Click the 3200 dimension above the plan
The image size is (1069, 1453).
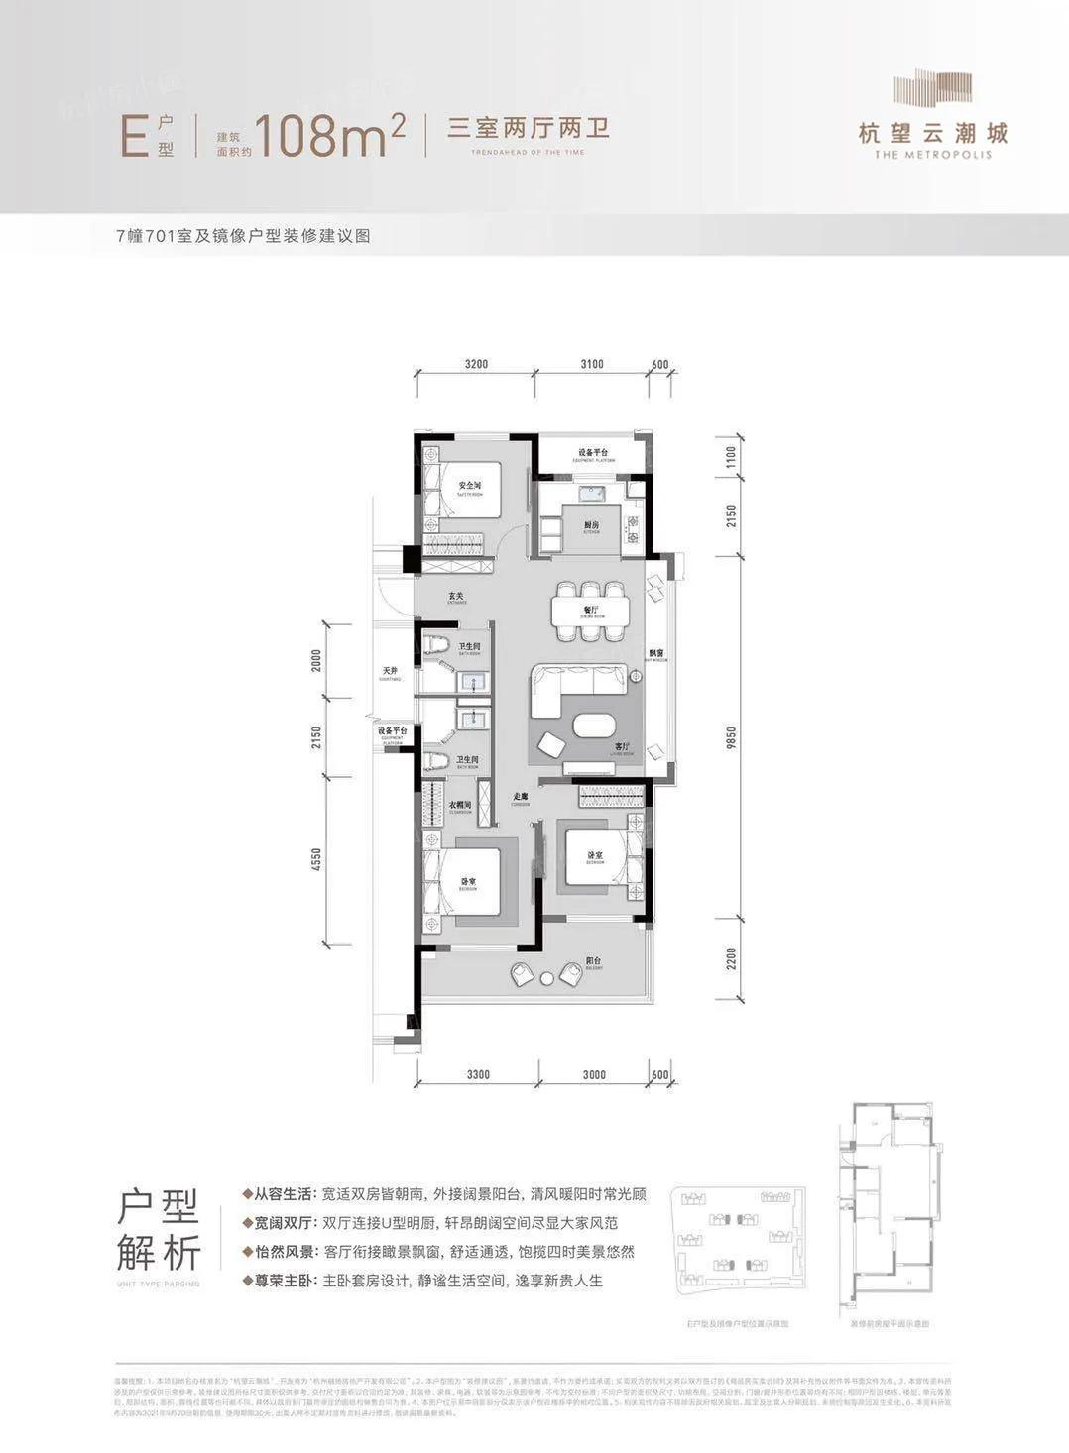click(x=476, y=364)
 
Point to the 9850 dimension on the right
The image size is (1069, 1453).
click(x=732, y=738)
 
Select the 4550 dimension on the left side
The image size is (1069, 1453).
click(x=316, y=859)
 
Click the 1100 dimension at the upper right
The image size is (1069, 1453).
click(x=732, y=457)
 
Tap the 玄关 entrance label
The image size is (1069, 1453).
click(x=455, y=596)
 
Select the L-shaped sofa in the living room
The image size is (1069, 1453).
click(x=570, y=686)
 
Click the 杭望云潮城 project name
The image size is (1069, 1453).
click(x=933, y=132)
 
